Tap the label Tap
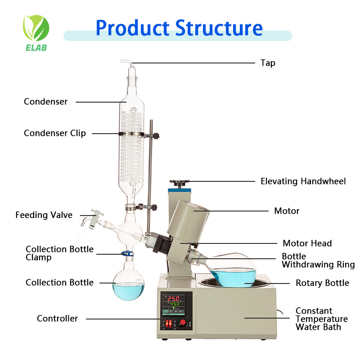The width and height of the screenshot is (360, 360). coord(268,63)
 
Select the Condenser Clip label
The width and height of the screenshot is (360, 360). coord(55,133)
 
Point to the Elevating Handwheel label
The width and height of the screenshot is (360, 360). coord(303,181)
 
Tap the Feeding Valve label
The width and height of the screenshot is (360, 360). coord(44,215)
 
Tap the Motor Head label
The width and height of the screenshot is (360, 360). coord(307,243)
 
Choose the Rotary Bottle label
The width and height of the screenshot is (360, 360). coord(322,283)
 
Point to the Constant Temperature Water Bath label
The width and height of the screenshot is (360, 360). coord(321,319)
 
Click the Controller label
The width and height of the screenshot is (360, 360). coord(57,319)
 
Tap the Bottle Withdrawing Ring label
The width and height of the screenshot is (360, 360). coord(318,261)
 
